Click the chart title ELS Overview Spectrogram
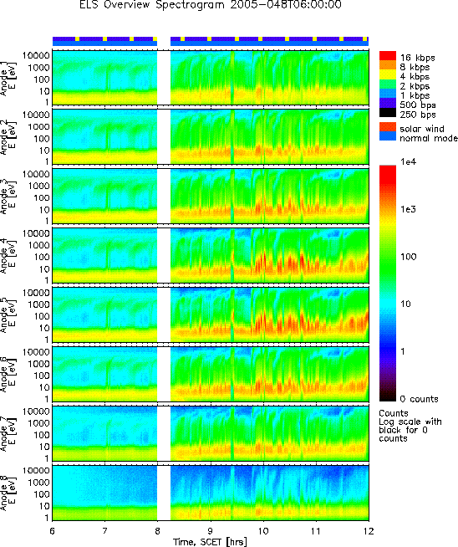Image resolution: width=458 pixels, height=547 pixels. (151, 5)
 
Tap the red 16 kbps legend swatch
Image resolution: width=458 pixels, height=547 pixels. (388, 56)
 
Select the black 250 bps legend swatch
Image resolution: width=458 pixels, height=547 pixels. (388, 113)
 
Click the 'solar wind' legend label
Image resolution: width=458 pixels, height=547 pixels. (422, 129)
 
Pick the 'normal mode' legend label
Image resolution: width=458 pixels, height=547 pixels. (429, 138)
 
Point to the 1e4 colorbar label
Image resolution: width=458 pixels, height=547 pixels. (408, 161)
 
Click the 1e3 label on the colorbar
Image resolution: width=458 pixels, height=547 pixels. (408, 209)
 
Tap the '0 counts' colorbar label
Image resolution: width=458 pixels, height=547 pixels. (419, 399)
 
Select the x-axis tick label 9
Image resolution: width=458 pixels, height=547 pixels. (211, 530)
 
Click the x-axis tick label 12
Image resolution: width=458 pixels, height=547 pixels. (369, 530)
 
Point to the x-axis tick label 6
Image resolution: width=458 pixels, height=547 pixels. (53, 530)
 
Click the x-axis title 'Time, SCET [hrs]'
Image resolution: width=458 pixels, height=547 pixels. (210, 542)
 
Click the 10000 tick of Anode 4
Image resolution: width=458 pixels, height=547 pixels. (35, 233)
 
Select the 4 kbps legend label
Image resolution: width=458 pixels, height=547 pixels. (415, 76)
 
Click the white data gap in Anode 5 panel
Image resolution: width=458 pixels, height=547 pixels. (164, 314)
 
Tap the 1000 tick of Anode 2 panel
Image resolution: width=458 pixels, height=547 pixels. (38, 126)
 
